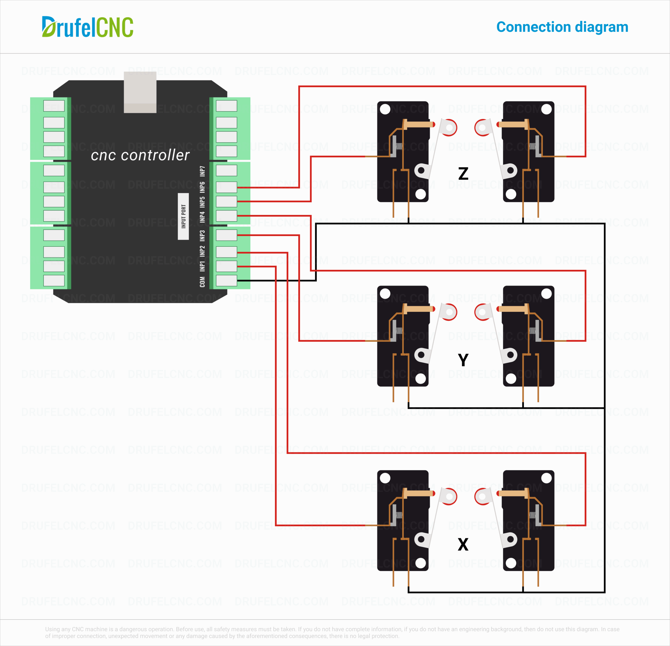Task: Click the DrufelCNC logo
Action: pos(87,27)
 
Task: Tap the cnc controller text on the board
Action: pos(140,155)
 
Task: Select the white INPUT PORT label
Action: pos(183,216)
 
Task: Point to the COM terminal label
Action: pos(202,282)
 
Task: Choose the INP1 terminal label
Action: pos(202,266)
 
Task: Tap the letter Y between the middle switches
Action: pos(463,360)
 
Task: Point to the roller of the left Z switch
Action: pos(449,128)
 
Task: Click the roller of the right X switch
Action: pos(482,496)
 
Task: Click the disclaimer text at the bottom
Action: pos(332,632)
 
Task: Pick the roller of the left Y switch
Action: pos(449,312)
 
